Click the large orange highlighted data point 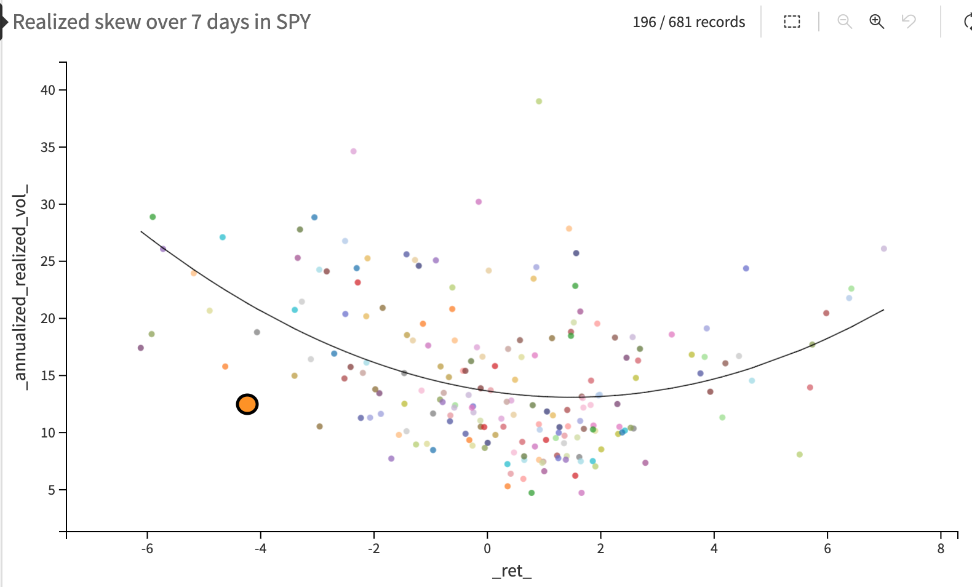[247, 404]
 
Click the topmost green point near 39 [539, 102]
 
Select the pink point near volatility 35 [353, 151]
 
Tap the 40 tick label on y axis [48, 90]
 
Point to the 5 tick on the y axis [52, 490]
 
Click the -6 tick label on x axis [147, 548]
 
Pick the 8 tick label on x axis [941, 548]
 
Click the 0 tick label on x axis [487, 548]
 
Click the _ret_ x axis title [512, 571]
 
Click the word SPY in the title [293, 22]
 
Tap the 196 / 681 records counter [688, 22]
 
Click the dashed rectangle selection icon [792, 22]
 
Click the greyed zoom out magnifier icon [845, 22]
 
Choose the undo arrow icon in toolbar [909, 22]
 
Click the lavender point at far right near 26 [884, 249]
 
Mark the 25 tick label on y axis [48, 262]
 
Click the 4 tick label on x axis [714, 548]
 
